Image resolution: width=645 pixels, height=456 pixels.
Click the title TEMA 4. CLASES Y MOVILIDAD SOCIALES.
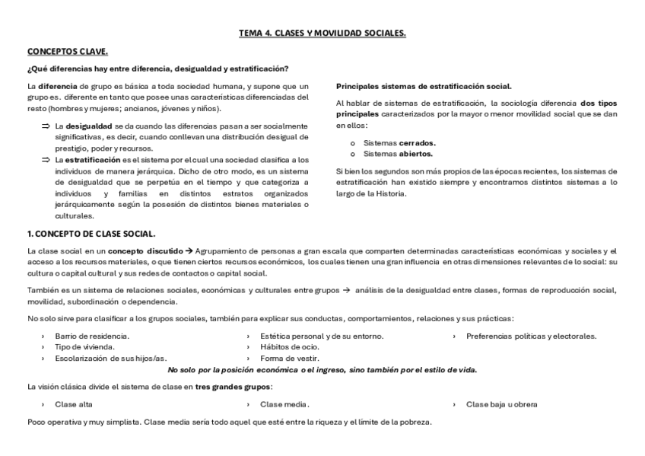[x=322, y=33]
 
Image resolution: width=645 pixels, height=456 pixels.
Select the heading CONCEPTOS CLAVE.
[x=68, y=52]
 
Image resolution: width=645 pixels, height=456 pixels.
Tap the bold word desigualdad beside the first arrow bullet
[x=88, y=126]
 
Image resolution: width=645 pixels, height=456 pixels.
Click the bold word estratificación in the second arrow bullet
[x=91, y=160]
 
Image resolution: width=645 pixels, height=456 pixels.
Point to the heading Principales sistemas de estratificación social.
[x=424, y=86]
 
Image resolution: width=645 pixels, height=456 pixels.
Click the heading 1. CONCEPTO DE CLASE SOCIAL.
[x=91, y=233]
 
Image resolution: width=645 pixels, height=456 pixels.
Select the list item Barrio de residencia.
[x=92, y=336]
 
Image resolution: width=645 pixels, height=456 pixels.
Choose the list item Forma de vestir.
[x=290, y=358]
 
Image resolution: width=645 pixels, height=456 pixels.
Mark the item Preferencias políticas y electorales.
[x=531, y=336]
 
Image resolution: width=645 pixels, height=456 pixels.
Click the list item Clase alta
[x=74, y=404]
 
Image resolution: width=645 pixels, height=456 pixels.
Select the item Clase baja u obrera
[x=501, y=404]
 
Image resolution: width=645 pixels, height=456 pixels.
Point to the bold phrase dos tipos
[x=599, y=103]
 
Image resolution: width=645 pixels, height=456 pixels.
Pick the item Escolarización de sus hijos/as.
[x=110, y=358]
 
